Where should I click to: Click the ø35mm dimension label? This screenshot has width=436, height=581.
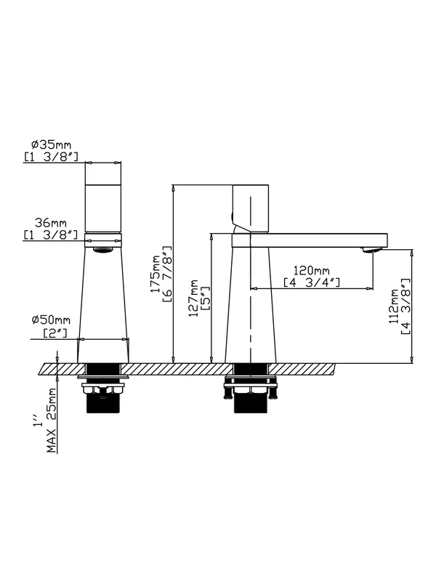[x=51, y=145]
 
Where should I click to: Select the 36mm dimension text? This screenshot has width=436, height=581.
[x=51, y=223]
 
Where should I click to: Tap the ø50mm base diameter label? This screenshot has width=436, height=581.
[x=51, y=320]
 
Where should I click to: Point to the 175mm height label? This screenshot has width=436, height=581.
[x=155, y=274]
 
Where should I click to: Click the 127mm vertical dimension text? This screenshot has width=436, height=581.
[x=193, y=298]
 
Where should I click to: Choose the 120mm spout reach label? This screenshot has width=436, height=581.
[x=312, y=270]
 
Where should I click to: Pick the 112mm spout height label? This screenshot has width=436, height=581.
[x=394, y=306]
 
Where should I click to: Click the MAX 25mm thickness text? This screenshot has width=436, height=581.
[x=52, y=420]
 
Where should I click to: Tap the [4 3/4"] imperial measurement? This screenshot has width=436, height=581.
[x=312, y=283]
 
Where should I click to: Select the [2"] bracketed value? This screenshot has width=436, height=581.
[x=55, y=333]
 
